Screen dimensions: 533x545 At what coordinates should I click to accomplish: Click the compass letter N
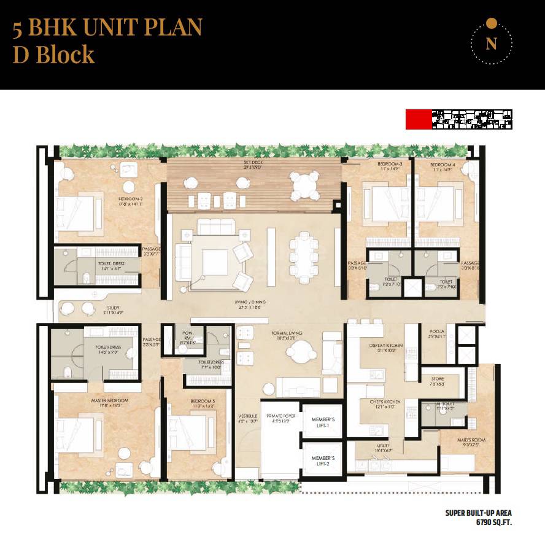point(490,44)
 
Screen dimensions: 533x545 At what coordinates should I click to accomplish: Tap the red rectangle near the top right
point(419,119)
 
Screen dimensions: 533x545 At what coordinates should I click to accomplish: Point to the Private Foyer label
point(281,416)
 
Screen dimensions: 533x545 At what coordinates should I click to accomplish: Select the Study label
point(112,308)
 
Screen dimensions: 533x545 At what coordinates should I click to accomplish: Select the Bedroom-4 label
point(441,166)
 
